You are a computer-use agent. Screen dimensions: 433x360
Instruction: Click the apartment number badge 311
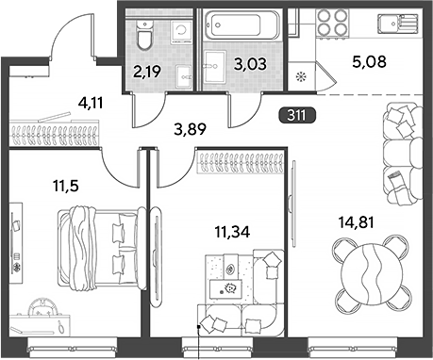(x=297, y=116)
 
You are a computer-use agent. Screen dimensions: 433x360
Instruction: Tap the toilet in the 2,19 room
(x=144, y=34)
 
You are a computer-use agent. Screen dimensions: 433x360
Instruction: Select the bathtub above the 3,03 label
(x=241, y=25)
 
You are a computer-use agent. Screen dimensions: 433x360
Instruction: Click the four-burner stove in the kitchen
(x=332, y=23)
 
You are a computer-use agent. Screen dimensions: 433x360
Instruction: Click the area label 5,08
(x=369, y=61)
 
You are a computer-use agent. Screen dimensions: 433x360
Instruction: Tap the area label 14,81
(x=356, y=222)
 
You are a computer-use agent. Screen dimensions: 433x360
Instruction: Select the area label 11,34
(x=232, y=232)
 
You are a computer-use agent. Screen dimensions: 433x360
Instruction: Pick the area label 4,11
(x=91, y=103)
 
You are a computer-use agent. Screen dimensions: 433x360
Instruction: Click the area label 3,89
(x=190, y=129)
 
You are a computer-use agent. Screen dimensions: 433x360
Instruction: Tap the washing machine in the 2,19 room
(x=181, y=32)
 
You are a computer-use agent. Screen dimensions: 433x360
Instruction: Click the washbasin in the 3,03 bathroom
(x=215, y=67)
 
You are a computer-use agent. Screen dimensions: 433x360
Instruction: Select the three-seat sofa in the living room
(x=403, y=154)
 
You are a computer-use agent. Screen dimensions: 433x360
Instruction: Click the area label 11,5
(x=66, y=187)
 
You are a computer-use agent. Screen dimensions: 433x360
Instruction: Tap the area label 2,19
(x=147, y=72)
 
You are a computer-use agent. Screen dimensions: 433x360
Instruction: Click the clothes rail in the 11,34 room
(x=241, y=162)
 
